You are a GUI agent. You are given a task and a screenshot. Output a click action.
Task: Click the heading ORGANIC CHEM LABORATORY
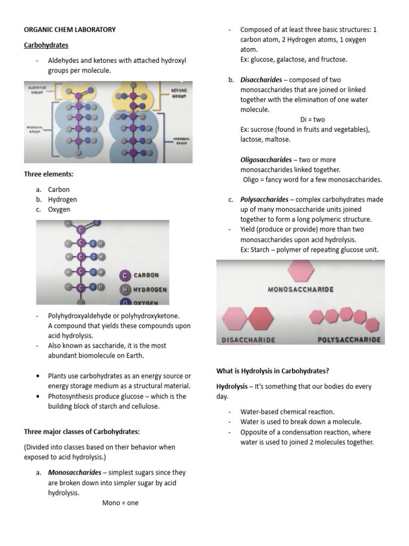69,29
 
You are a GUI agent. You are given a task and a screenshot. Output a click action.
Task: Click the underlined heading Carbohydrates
46,45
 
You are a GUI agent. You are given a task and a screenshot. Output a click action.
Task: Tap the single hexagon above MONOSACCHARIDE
300,270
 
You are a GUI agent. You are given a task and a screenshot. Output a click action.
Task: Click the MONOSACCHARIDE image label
300,290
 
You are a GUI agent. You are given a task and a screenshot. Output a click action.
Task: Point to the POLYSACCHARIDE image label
349,340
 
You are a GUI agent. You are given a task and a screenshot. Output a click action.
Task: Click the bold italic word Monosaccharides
75,472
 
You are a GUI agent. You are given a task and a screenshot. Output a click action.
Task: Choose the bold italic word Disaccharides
261,79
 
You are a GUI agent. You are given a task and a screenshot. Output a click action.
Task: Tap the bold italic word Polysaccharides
264,199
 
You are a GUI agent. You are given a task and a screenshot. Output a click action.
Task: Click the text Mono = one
120,502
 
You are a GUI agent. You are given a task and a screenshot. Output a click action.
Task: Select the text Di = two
312,119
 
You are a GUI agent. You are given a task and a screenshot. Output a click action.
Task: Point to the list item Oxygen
59,210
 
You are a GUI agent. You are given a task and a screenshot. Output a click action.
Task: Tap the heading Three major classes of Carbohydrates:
81,431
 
